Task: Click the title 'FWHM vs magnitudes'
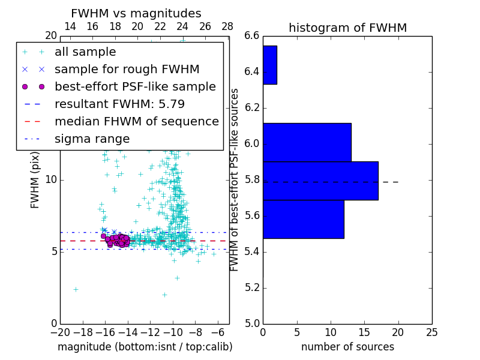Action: coord(136,14)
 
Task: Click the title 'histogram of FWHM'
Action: coord(347,28)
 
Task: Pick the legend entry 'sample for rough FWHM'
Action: coord(127,70)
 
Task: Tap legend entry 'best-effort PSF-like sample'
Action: coord(135,87)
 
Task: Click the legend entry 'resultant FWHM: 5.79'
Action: coord(119,104)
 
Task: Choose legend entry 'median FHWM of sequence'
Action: coord(136,122)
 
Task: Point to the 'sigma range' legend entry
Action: coord(92,139)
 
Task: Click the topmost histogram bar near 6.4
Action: coord(269,65)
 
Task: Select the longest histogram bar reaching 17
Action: coord(320,181)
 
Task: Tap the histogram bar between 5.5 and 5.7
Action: coord(303,219)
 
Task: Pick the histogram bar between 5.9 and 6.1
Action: coord(307,142)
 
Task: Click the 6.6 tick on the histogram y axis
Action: coord(252,36)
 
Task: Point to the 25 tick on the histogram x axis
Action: coord(431,332)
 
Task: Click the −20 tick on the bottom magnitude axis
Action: coord(60,332)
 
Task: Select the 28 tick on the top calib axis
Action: coord(227,27)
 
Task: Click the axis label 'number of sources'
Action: coord(347,347)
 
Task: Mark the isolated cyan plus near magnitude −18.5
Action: coord(76,289)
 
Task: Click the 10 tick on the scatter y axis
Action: coord(51,180)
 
